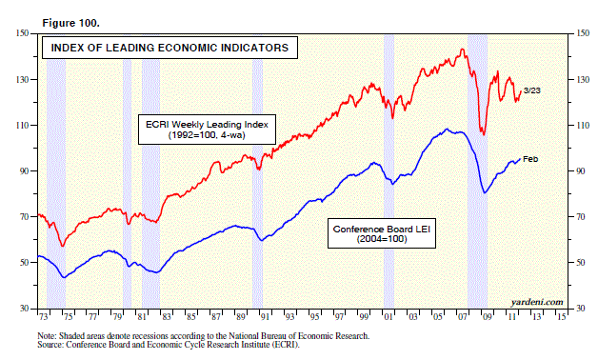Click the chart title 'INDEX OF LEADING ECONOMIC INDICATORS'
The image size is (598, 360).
pyautogui.click(x=168, y=47)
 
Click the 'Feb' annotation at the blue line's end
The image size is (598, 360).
pyautogui.click(x=530, y=158)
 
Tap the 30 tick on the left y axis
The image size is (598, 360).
pyautogui.click(x=22, y=309)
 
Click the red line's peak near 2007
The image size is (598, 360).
pyautogui.click(x=462, y=50)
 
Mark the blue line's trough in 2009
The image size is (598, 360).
pyautogui.click(x=485, y=193)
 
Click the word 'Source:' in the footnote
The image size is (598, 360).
pyautogui.click(x=52, y=345)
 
